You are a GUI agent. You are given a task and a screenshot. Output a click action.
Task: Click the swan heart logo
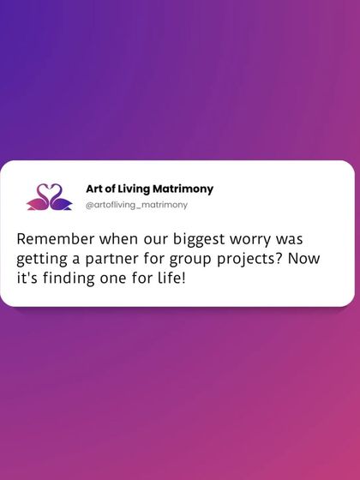49,197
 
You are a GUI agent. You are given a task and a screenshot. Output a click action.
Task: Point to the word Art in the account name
95,189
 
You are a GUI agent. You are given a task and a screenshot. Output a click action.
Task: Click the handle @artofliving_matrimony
136,206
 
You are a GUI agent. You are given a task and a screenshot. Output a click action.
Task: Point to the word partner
116,259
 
